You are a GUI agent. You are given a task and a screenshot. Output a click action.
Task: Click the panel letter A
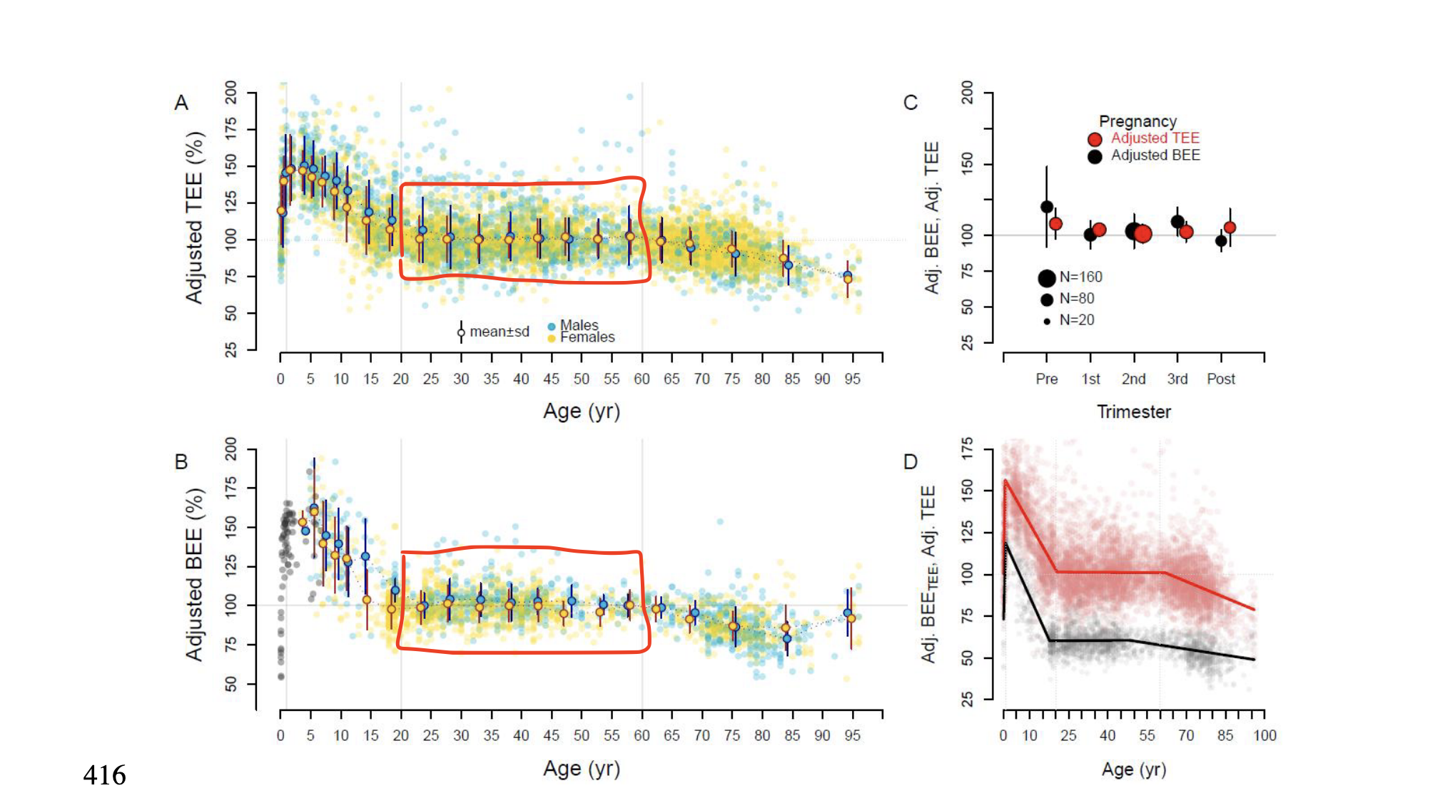click(x=181, y=103)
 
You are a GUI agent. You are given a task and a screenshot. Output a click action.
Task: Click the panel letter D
click(x=911, y=462)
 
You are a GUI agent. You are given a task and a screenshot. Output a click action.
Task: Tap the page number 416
click(x=104, y=775)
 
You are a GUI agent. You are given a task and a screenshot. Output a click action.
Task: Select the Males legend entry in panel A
click(x=579, y=325)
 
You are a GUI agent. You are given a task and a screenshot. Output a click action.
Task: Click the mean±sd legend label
click(x=499, y=332)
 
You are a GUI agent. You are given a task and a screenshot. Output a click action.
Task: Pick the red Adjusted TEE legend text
click(x=1155, y=138)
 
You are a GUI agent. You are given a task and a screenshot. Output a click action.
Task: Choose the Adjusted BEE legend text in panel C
click(x=1155, y=155)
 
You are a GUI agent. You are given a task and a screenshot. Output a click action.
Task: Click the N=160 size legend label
click(x=1080, y=277)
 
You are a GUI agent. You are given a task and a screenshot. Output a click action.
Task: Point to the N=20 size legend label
click(x=1076, y=320)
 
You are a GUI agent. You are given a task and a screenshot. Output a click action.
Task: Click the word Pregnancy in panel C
click(x=1137, y=121)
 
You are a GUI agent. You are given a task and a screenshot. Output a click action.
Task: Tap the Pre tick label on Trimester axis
click(x=1046, y=379)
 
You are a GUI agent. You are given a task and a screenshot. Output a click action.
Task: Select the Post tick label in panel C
click(x=1220, y=379)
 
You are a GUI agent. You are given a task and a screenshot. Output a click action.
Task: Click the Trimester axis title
click(x=1133, y=411)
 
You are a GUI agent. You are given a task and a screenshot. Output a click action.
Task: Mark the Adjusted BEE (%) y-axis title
click(x=194, y=574)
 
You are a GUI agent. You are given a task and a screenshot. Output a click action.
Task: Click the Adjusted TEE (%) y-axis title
click(x=194, y=218)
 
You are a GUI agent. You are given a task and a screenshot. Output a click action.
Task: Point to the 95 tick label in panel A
click(x=852, y=379)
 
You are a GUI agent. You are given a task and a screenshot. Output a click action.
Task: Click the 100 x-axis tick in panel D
click(x=1264, y=735)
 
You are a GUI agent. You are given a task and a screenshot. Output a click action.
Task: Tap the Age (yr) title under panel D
click(x=1133, y=769)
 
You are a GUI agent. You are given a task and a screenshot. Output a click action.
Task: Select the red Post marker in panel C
click(x=1230, y=227)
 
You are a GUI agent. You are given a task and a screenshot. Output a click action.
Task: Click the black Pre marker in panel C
click(x=1047, y=207)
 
